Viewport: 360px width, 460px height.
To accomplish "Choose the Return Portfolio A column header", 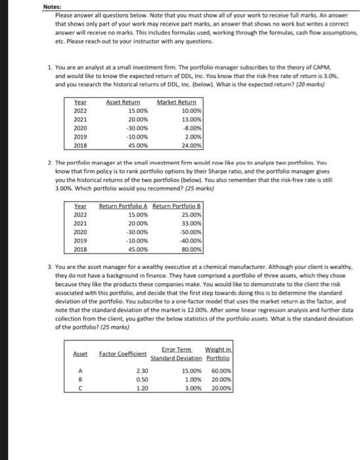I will [123, 206].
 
